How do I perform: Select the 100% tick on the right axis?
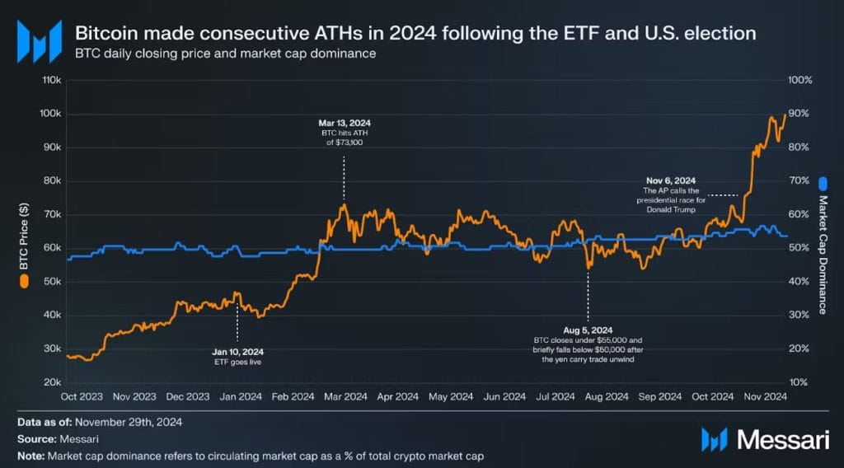click(800, 80)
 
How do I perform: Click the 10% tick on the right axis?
click(799, 383)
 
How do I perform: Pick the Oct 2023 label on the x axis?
click(82, 396)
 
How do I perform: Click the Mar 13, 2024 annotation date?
click(344, 123)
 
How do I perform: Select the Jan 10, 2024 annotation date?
click(237, 350)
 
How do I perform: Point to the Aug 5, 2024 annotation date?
click(588, 330)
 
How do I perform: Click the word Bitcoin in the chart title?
click(102, 34)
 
